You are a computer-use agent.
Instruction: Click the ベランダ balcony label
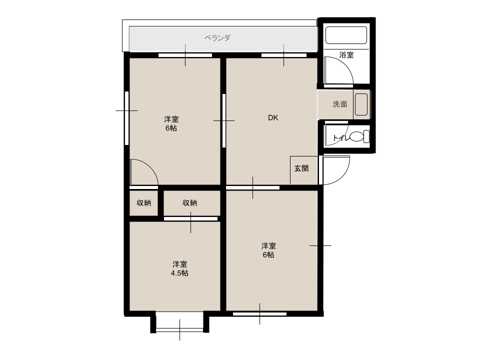[217, 38]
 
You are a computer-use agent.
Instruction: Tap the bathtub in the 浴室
[346, 35]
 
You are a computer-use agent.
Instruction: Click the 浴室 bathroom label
[346, 55]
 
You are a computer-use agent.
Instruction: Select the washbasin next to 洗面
[361, 104]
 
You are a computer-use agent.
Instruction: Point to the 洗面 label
[340, 104]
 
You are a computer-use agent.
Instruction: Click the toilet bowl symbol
[359, 136]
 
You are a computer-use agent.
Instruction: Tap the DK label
[273, 117]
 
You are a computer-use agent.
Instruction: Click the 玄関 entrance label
[301, 168]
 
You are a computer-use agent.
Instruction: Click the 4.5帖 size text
[179, 273]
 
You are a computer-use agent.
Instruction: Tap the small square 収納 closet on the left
[143, 203]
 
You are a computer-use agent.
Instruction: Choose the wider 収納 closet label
[190, 202]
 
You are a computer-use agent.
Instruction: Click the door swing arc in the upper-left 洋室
[150, 167]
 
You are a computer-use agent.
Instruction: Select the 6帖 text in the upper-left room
[171, 128]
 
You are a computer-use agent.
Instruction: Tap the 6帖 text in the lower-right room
[268, 254]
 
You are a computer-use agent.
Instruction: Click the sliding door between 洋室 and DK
[224, 120]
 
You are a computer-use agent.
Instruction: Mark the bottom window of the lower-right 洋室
[259, 314]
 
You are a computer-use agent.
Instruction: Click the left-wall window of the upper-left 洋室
[126, 118]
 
